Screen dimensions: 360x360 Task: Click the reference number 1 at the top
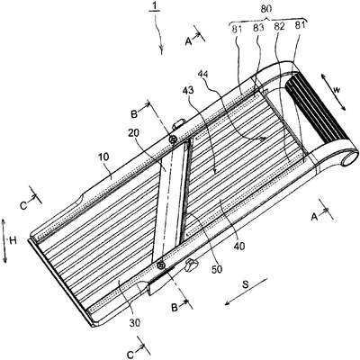155,5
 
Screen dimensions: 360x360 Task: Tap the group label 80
266,9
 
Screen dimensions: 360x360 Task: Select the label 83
257,28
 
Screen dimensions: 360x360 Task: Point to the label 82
279,27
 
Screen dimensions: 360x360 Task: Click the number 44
204,74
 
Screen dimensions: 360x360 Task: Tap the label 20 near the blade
133,133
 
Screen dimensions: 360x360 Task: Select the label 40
238,246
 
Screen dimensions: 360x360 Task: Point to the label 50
217,269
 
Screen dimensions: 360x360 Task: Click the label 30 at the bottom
135,323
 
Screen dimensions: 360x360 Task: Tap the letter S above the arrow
246,284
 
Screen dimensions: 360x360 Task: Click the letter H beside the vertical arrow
13,240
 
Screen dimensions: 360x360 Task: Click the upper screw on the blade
173,139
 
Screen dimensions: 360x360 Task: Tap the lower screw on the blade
161,265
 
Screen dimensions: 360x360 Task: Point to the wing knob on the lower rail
192,265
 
